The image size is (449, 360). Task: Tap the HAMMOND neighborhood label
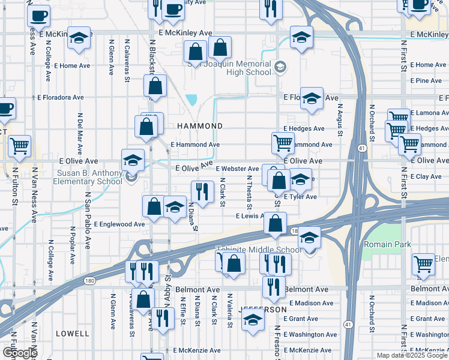pyautogui.click(x=200, y=126)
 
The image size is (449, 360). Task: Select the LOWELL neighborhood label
pyautogui.click(x=72, y=332)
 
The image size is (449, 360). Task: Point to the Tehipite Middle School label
pyautogui.click(x=259, y=250)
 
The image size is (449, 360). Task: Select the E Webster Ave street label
pyautogui.click(x=237, y=169)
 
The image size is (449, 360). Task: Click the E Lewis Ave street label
pyautogui.click(x=250, y=215)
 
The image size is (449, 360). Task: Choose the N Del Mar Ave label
pyautogui.click(x=79, y=133)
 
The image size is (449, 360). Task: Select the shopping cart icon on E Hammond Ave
pyautogui.click(x=283, y=143)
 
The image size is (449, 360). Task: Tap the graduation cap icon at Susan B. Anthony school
pyautogui.click(x=133, y=160)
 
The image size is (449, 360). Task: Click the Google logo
pyautogui.click(x=20, y=353)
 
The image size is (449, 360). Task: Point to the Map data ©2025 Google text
pyautogui.click(x=412, y=355)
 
